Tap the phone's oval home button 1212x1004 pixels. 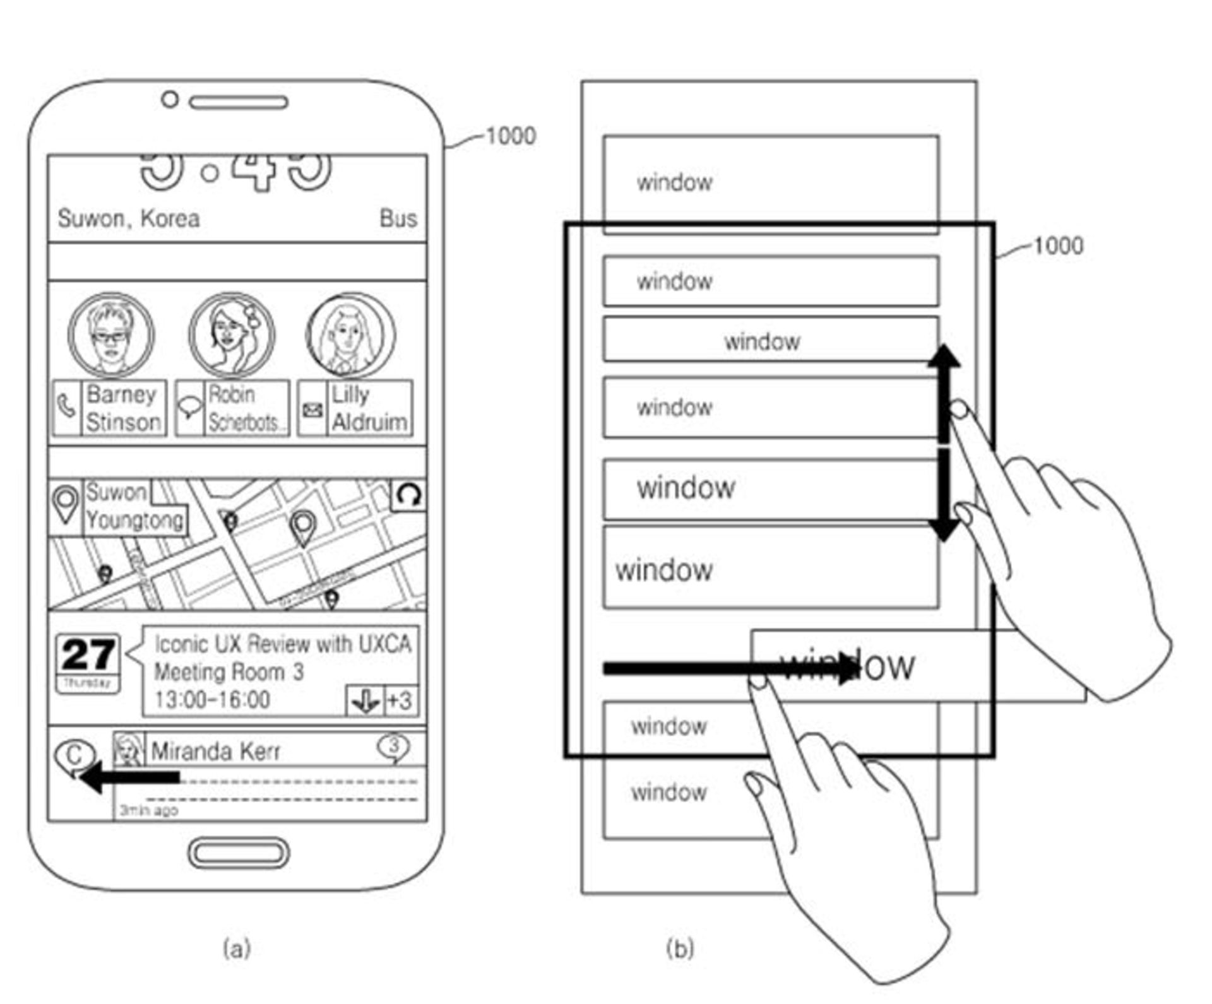point(239,853)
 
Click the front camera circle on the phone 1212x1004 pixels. point(169,99)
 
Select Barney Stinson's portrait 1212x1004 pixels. point(111,334)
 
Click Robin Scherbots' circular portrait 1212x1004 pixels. point(232,334)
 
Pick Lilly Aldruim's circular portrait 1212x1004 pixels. point(350,334)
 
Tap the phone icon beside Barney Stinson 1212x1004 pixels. point(66,408)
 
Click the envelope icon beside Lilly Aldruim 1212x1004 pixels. point(312,410)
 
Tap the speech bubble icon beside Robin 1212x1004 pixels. point(189,408)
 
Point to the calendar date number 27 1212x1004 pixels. point(88,654)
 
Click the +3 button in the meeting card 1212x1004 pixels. point(400,700)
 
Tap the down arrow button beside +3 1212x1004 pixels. point(365,700)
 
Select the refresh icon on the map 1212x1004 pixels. point(408,495)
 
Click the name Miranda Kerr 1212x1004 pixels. point(215,752)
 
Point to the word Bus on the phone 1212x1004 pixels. point(398,218)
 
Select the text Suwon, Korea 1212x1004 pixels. point(129,218)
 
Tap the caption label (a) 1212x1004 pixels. point(237,948)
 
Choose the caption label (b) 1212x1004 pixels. point(680,948)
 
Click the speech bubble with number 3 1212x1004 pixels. point(393,747)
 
